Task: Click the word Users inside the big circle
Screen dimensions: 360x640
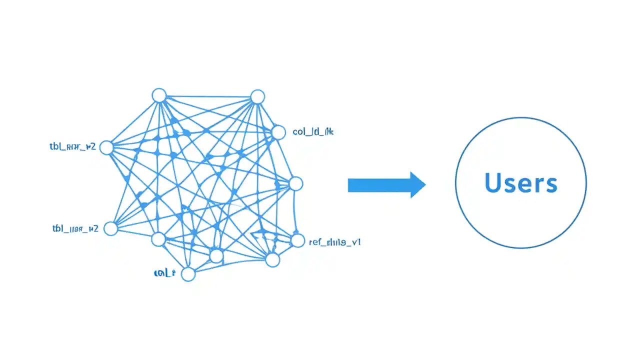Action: point(520,183)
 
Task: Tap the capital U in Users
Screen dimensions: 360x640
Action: point(493,183)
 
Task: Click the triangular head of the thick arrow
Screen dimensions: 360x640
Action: point(417,185)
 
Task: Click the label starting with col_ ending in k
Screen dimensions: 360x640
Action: point(313,132)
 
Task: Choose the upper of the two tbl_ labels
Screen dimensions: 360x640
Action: point(72,146)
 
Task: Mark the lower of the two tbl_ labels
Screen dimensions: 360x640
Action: point(75,229)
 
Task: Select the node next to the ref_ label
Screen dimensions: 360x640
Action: point(297,241)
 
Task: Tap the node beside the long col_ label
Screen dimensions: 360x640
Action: point(278,132)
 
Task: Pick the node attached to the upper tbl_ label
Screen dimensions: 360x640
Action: point(106,147)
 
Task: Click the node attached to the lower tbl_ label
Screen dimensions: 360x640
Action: point(110,228)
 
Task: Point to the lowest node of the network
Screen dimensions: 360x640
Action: point(188,274)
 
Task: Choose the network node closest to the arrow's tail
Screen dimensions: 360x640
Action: point(296,183)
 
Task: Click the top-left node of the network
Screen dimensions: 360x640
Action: point(159,95)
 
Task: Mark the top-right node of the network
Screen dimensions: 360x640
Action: point(257,96)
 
